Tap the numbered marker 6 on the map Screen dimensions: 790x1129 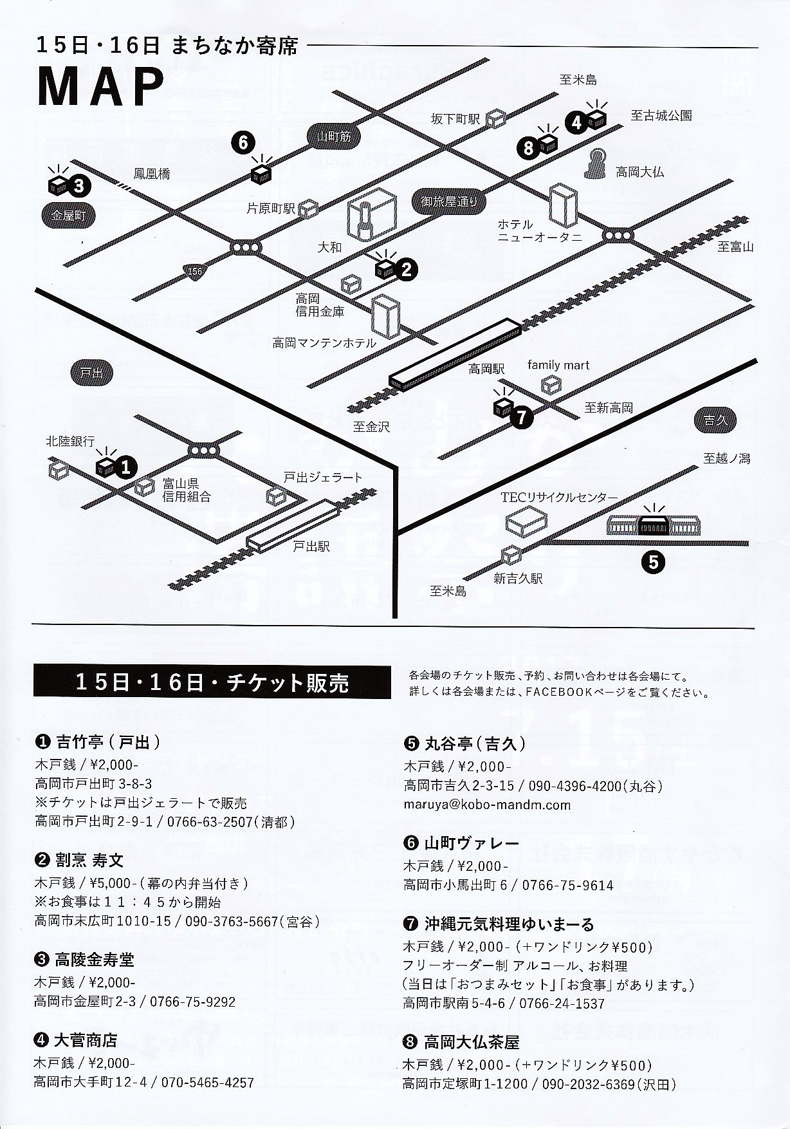(x=243, y=142)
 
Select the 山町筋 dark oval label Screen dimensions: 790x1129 (x=334, y=136)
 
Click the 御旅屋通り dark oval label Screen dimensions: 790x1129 (x=450, y=201)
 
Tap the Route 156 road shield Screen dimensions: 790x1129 (x=194, y=272)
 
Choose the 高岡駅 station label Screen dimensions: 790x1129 (x=486, y=369)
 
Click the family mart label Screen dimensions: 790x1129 (x=558, y=365)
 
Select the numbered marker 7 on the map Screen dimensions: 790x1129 (x=521, y=417)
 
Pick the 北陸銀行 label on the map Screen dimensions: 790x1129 (x=70, y=442)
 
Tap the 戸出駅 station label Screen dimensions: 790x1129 (x=311, y=546)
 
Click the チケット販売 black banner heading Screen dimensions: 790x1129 (x=212, y=682)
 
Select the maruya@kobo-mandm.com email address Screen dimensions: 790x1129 (x=488, y=805)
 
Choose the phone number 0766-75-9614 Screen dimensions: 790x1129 (x=567, y=885)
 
